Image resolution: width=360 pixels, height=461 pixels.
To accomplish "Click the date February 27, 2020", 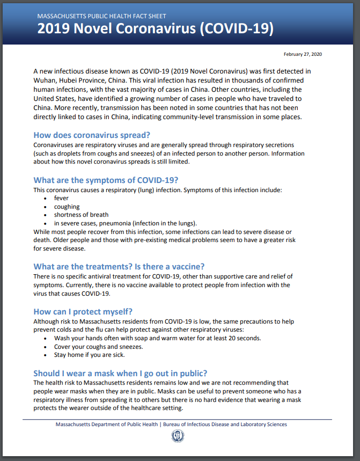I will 303,54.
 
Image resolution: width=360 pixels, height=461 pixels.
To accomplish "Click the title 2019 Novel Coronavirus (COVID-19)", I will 155,29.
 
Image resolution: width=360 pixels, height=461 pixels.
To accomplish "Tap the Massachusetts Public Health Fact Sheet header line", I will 101,17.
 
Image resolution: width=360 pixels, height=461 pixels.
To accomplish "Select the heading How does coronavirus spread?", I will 92,135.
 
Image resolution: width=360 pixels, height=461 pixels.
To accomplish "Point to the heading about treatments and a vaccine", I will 119,266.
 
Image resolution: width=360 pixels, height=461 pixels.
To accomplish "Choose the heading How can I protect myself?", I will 83,312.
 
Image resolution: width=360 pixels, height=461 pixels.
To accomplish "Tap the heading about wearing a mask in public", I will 120,373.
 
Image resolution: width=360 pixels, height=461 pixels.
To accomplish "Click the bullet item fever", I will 61,198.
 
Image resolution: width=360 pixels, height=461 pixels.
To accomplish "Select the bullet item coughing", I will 67,207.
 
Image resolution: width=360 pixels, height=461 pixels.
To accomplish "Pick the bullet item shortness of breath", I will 81,215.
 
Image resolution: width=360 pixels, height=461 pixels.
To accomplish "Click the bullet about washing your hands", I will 157,338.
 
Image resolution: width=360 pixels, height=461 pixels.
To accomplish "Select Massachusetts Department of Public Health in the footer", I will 106,425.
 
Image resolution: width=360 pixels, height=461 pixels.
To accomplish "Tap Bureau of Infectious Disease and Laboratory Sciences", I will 224,425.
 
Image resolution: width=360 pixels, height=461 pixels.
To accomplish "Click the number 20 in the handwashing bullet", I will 232,338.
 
